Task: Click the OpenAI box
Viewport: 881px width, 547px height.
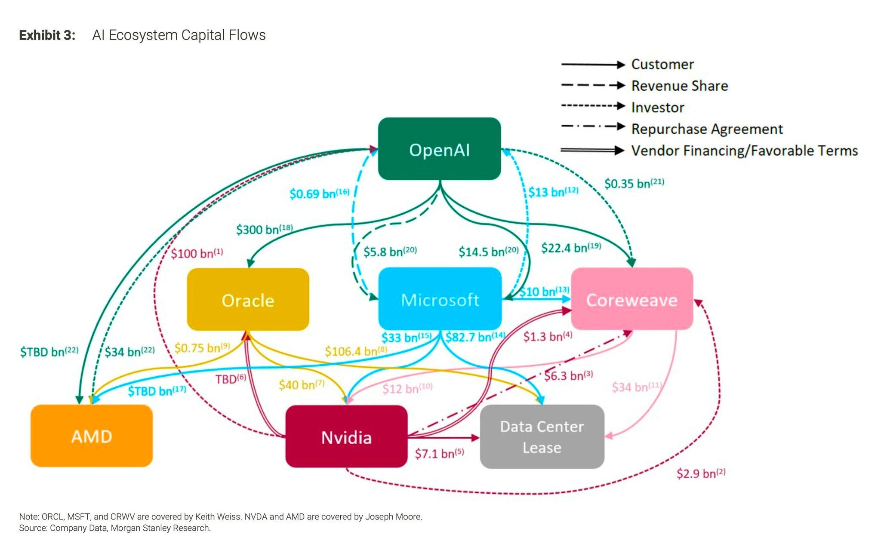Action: [439, 149]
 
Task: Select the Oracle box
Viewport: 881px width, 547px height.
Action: [248, 300]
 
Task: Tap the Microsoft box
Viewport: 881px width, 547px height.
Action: [440, 299]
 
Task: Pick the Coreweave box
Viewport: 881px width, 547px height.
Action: [631, 299]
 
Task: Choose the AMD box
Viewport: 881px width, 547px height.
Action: [92, 436]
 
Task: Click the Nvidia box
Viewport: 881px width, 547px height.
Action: [346, 436]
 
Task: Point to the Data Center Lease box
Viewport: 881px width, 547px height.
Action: [542, 436]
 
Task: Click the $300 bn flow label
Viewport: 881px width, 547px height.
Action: [265, 229]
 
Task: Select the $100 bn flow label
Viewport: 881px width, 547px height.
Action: [197, 253]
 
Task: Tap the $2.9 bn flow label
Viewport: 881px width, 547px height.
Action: [701, 473]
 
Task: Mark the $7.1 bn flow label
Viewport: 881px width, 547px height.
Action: [439, 453]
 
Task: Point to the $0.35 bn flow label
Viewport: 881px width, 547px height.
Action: [634, 184]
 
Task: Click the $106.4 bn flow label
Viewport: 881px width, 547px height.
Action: [356, 351]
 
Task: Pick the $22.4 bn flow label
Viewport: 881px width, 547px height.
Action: [571, 248]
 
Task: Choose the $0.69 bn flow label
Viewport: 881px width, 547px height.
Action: [319, 194]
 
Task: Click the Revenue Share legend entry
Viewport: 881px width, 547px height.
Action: [644, 86]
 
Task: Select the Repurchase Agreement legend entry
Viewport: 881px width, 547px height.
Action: [672, 129]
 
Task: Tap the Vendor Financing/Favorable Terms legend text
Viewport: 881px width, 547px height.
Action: [744, 151]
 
